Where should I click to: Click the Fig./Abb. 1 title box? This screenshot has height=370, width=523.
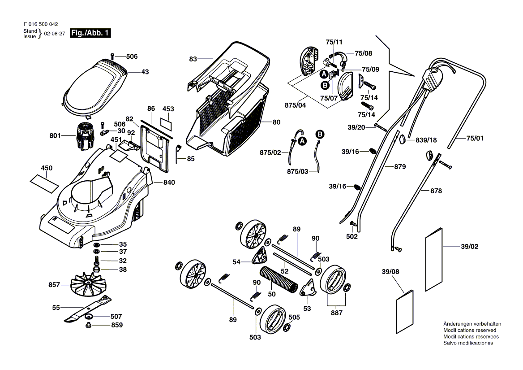[x=90, y=34]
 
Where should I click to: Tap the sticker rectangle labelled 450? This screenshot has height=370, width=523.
[x=44, y=180]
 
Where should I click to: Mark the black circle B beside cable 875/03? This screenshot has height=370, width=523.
[x=320, y=134]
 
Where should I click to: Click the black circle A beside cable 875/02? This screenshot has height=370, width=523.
[x=302, y=141]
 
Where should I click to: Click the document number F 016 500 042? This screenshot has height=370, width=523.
[x=40, y=24]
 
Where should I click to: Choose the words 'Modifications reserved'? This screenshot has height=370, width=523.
[x=469, y=330]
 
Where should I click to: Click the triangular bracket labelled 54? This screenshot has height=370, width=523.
[x=259, y=257]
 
